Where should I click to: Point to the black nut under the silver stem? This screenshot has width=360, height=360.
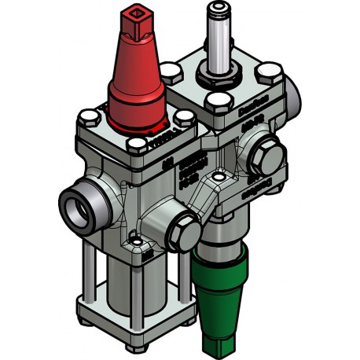(x=216, y=75)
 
